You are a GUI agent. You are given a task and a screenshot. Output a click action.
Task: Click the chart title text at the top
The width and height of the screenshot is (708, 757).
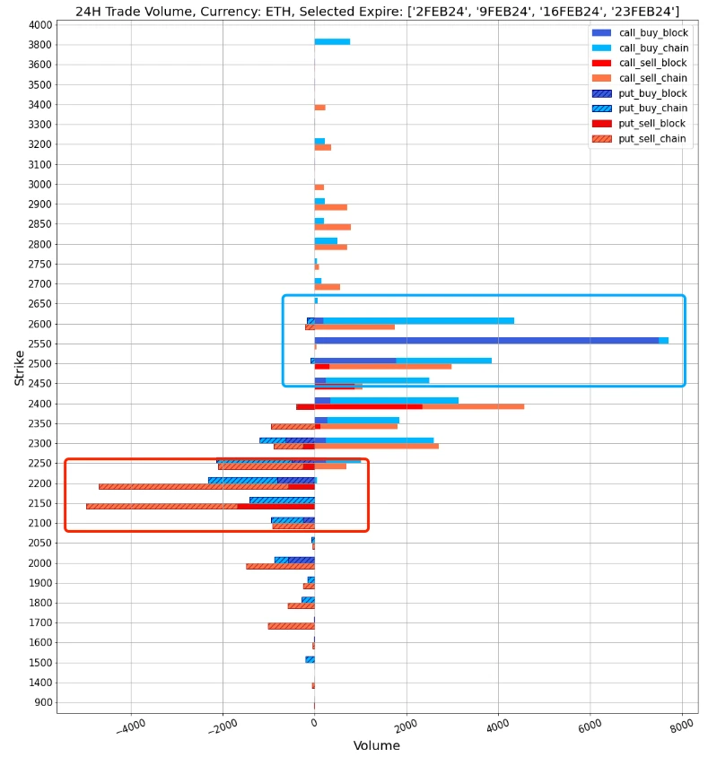click(x=377, y=12)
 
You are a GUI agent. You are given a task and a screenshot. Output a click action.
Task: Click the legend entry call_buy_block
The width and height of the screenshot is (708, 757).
click(x=652, y=33)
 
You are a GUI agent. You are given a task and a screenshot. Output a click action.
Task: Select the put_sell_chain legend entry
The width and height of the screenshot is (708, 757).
click(x=652, y=139)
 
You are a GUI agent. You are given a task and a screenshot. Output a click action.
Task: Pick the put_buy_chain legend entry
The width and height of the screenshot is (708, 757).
click(x=652, y=109)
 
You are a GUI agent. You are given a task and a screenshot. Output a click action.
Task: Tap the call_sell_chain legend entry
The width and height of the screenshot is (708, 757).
click(x=652, y=79)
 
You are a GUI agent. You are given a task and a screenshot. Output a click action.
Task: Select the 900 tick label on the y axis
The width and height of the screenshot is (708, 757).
click(x=43, y=702)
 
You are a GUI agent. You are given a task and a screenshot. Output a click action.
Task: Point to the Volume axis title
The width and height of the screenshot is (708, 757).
click(x=377, y=746)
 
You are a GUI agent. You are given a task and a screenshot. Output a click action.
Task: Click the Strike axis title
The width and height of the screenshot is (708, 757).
click(x=20, y=368)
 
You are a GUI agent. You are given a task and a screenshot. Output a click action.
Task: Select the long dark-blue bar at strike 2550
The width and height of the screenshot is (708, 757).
click(x=485, y=341)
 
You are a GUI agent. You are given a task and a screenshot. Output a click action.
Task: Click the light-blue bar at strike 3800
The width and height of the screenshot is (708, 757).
click(x=332, y=41)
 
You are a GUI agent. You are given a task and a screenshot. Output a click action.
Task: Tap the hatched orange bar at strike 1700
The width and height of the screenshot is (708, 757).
click(x=291, y=626)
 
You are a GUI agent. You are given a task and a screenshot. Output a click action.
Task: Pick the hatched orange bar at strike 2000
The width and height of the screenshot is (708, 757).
click(x=280, y=567)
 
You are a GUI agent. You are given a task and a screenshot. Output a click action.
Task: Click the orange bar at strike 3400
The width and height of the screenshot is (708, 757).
click(x=319, y=108)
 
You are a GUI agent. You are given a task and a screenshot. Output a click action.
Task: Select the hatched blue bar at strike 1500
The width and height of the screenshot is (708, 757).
click(x=310, y=659)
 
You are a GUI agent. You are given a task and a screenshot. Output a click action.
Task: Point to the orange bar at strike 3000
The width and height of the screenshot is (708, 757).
click(x=319, y=187)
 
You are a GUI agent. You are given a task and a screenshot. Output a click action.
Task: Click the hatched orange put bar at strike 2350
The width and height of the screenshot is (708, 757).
click(x=293, y=427)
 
